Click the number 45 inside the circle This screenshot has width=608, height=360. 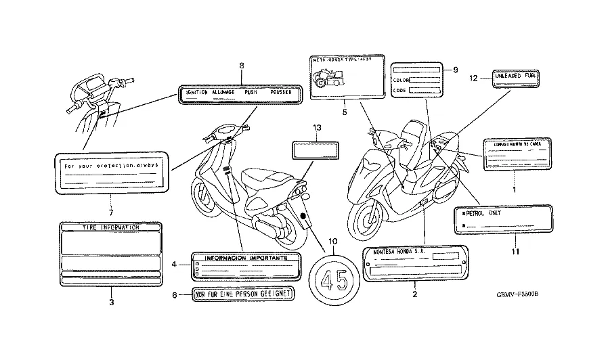coord(332,279)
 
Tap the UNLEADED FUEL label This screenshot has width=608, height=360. coord(515,76)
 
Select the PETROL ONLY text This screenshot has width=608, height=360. coord(486,213)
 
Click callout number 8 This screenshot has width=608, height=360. coord(241,65)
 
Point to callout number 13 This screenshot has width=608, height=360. coord(316,127)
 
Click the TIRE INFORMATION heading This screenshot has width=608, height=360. coord(111,228)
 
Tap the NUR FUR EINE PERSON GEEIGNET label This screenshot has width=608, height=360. coord(243,296)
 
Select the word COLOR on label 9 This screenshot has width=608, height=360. coord(401,80)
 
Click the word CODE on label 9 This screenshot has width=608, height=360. coord(399,91)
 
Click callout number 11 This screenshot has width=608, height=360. coord(515,252)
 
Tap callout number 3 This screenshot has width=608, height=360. coord(112,302)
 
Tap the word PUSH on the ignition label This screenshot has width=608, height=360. coord(251,91)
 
